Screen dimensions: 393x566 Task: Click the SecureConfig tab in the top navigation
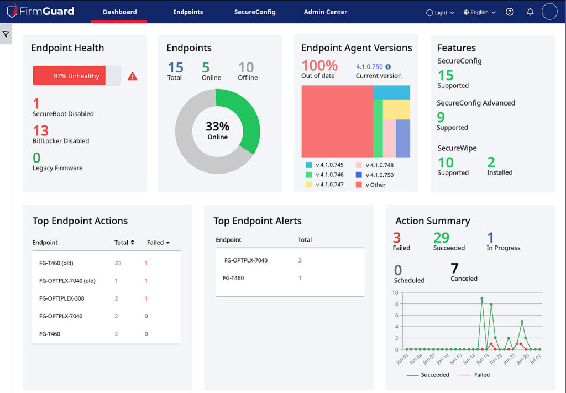tap(254, 12)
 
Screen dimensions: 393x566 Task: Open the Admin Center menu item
tap(325, 12)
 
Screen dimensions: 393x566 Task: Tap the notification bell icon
tap(530, 12)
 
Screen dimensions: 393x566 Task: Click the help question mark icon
tap(510, 12)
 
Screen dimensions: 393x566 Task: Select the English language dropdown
tap(479, 12)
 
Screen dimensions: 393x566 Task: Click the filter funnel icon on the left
tap(6, 34)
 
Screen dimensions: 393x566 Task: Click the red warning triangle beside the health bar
tap(133, 76)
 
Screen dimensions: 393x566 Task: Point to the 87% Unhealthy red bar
tap(70, 76)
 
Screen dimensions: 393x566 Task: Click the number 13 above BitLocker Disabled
tap(41, 130)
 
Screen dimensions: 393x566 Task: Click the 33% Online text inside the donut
tap(217, 130)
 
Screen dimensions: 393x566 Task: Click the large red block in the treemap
tap(336, 121)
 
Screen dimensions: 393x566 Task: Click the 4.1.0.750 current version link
tap(369, 66)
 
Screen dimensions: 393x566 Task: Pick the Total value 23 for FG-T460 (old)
tap(118, 263)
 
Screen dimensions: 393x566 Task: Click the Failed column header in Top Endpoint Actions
tap(158, 242)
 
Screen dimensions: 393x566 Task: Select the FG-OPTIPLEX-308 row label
tap(61, 298)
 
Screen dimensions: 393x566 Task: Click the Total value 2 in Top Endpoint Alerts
tap(300, 260)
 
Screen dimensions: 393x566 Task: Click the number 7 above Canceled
tap(454, 269)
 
